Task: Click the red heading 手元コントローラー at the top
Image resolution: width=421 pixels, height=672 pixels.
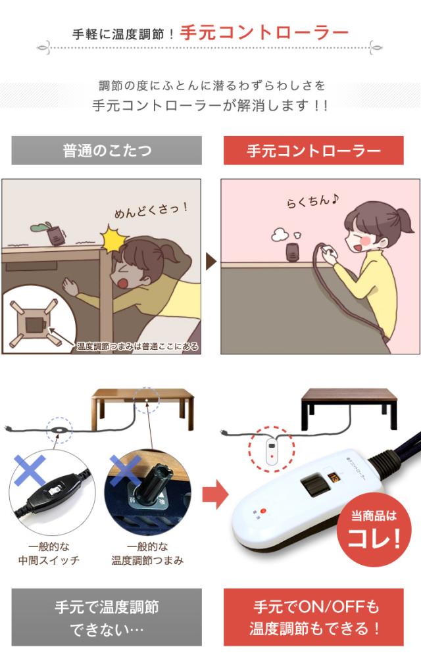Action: point(264,33)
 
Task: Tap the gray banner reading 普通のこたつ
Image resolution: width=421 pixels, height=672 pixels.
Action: point(107,151)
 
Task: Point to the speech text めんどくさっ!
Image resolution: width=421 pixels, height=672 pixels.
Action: point(151,210)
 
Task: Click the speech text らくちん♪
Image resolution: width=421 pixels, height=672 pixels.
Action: point(312,201)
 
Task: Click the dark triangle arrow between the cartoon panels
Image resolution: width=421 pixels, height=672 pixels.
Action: point(211,262)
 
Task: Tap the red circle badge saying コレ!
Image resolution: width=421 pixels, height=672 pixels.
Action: point(374,530)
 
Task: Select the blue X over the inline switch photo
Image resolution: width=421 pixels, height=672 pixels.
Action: point(30,470)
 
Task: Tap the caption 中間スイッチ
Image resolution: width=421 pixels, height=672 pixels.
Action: point(49,560)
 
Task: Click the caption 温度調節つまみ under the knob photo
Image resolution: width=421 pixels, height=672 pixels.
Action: point(147,560)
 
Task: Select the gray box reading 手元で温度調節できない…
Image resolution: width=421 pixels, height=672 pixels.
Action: point(107,617)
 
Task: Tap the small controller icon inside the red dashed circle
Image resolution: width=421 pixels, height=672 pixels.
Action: point(272,450)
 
